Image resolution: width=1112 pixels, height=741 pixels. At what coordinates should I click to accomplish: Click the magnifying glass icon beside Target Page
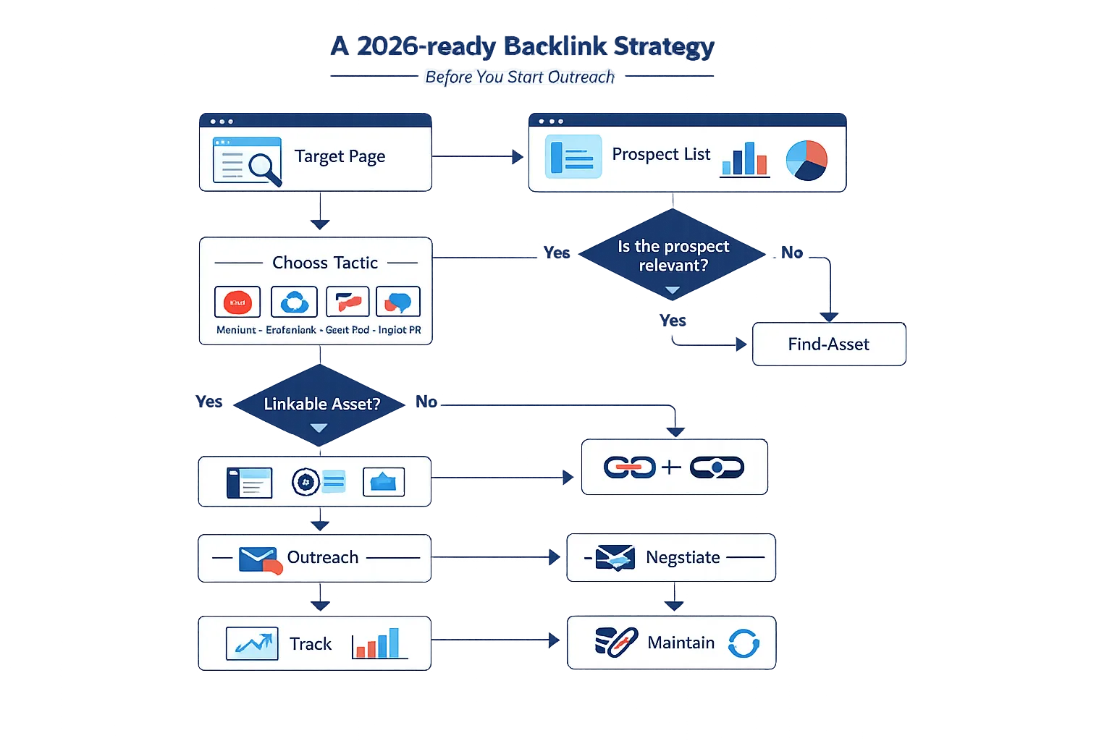[264, 168]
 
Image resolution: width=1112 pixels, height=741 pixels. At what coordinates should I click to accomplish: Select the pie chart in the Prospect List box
[806, 160]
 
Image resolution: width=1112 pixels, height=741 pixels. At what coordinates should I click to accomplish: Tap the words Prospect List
[660, 154]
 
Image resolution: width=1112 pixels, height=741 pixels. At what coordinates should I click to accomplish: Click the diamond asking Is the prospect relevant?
[673, 255]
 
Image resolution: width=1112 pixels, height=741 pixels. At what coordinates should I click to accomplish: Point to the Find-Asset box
[828, 344]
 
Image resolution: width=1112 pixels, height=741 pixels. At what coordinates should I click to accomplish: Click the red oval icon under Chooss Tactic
[237, 302]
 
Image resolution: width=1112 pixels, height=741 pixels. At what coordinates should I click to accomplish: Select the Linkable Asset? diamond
[321, 404]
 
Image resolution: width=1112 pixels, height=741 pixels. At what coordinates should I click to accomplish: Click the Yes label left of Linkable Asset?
[209, 402]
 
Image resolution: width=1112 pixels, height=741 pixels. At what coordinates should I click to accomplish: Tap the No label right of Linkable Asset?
[426, 402]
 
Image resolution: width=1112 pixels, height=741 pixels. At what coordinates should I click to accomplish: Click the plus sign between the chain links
[671, 467]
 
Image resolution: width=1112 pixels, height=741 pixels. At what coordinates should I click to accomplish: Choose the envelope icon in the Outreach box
[258, 559]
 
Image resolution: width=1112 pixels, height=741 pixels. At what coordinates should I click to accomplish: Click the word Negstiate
[682, 557]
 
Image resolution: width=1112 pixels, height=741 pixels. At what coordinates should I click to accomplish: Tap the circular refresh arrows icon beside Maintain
[744, 643]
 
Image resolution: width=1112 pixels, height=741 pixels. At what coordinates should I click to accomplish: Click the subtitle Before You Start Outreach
[519, 77]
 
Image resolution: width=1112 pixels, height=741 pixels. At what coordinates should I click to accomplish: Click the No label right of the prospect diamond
[792, 253]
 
